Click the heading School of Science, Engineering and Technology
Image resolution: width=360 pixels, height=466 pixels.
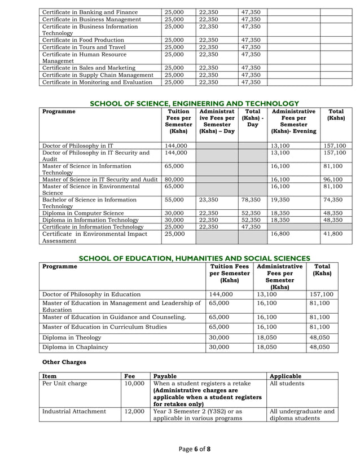pos(195,103)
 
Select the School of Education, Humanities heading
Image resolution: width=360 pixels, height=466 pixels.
pos(195,258)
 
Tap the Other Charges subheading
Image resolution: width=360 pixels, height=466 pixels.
pos(65,362)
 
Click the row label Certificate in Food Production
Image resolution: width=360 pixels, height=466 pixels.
pos(83,40)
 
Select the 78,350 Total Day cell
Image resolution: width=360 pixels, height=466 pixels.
pos(251,200)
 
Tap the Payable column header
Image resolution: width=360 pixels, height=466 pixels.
pos(165,376)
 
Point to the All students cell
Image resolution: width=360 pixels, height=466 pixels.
pos(288,383)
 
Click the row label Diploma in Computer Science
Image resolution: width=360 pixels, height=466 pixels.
pos(82,213)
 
